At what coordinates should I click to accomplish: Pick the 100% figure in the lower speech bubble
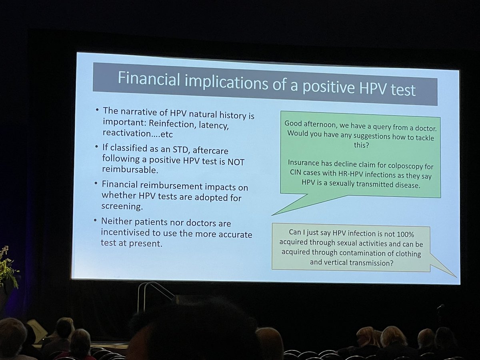click(x=409, y=234)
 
